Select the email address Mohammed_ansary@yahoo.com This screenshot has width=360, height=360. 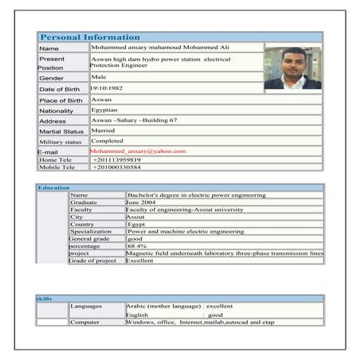pyautogui.click(x=138, y=151)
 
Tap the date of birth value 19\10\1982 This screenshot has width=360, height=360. pyautogui.click(x=109, y=88)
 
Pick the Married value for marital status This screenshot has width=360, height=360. pyautogui.click(x=104, y=130)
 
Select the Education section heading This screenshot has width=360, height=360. pyautogui.click(x=53, y=187)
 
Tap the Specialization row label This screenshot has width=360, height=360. pyautogui.click(x=91, y=231)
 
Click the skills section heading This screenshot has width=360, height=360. pyautogui.click(x=45, y=298)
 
